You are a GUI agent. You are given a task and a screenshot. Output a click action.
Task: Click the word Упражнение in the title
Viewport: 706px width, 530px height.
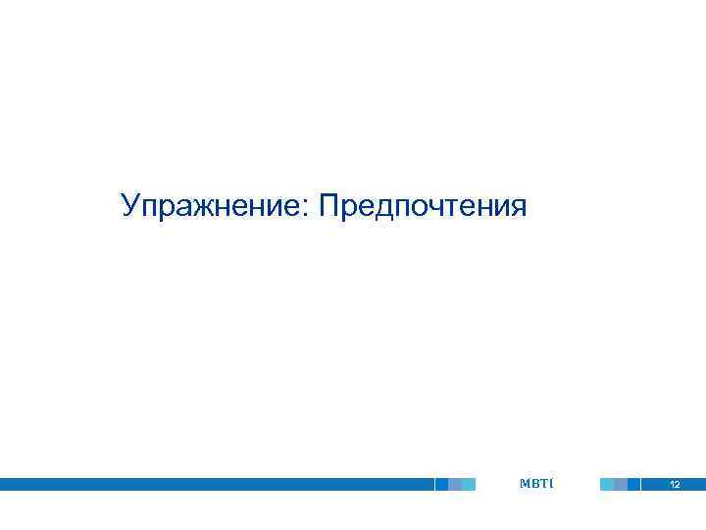point(211,206)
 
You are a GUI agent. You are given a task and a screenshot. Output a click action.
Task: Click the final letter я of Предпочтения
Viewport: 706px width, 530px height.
point(518,209)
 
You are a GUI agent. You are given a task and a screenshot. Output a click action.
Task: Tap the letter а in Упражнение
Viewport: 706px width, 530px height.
point(184,209)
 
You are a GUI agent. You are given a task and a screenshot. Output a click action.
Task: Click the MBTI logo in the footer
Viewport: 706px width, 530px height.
point(537,483)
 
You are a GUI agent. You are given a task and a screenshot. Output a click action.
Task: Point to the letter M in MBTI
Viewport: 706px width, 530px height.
point(525,483)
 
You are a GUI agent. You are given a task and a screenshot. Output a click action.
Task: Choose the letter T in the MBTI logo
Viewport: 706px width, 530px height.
point(544,483)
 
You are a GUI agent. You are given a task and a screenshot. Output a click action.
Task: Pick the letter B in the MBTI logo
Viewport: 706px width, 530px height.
point(535,483)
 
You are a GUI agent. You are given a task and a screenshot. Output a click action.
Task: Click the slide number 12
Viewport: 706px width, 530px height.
point(675,485)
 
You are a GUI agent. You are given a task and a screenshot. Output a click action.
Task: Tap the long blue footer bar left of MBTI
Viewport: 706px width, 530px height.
point(216,484)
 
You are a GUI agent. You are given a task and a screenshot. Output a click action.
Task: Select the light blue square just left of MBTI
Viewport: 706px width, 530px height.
point(469,484)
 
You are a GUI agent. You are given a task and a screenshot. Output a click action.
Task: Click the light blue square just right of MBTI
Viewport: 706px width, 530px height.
point(607,484)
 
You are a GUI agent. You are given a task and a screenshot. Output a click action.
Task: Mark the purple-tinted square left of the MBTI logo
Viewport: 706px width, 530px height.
point(455,484)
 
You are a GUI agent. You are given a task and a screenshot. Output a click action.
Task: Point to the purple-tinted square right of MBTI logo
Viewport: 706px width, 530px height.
point(621,484)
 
